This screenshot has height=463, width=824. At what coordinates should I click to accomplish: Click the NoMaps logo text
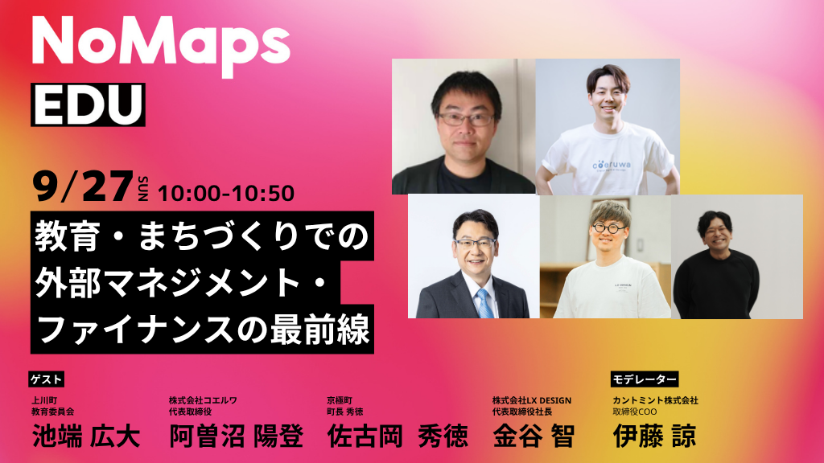point(161,46)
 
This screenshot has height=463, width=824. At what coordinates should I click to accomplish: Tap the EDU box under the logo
point(88,104)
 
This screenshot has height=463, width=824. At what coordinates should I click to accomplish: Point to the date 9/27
point(83,186)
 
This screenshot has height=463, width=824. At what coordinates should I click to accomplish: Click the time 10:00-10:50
point(226,193)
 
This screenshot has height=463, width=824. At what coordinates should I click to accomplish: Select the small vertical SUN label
point(143,188)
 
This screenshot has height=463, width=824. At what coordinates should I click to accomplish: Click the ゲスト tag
point(46,379)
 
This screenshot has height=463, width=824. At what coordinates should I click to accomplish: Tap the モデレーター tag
point(645,379)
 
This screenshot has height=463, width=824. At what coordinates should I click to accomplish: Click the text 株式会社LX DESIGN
point(532,400)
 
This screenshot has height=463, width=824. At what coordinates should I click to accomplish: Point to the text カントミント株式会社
point(655,400)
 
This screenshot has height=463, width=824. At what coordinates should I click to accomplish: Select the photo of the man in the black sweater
point(737,256)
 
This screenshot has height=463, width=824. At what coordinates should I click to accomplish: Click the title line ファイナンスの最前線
point(203,330)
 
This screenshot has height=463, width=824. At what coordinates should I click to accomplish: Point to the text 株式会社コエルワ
point(203,400)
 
